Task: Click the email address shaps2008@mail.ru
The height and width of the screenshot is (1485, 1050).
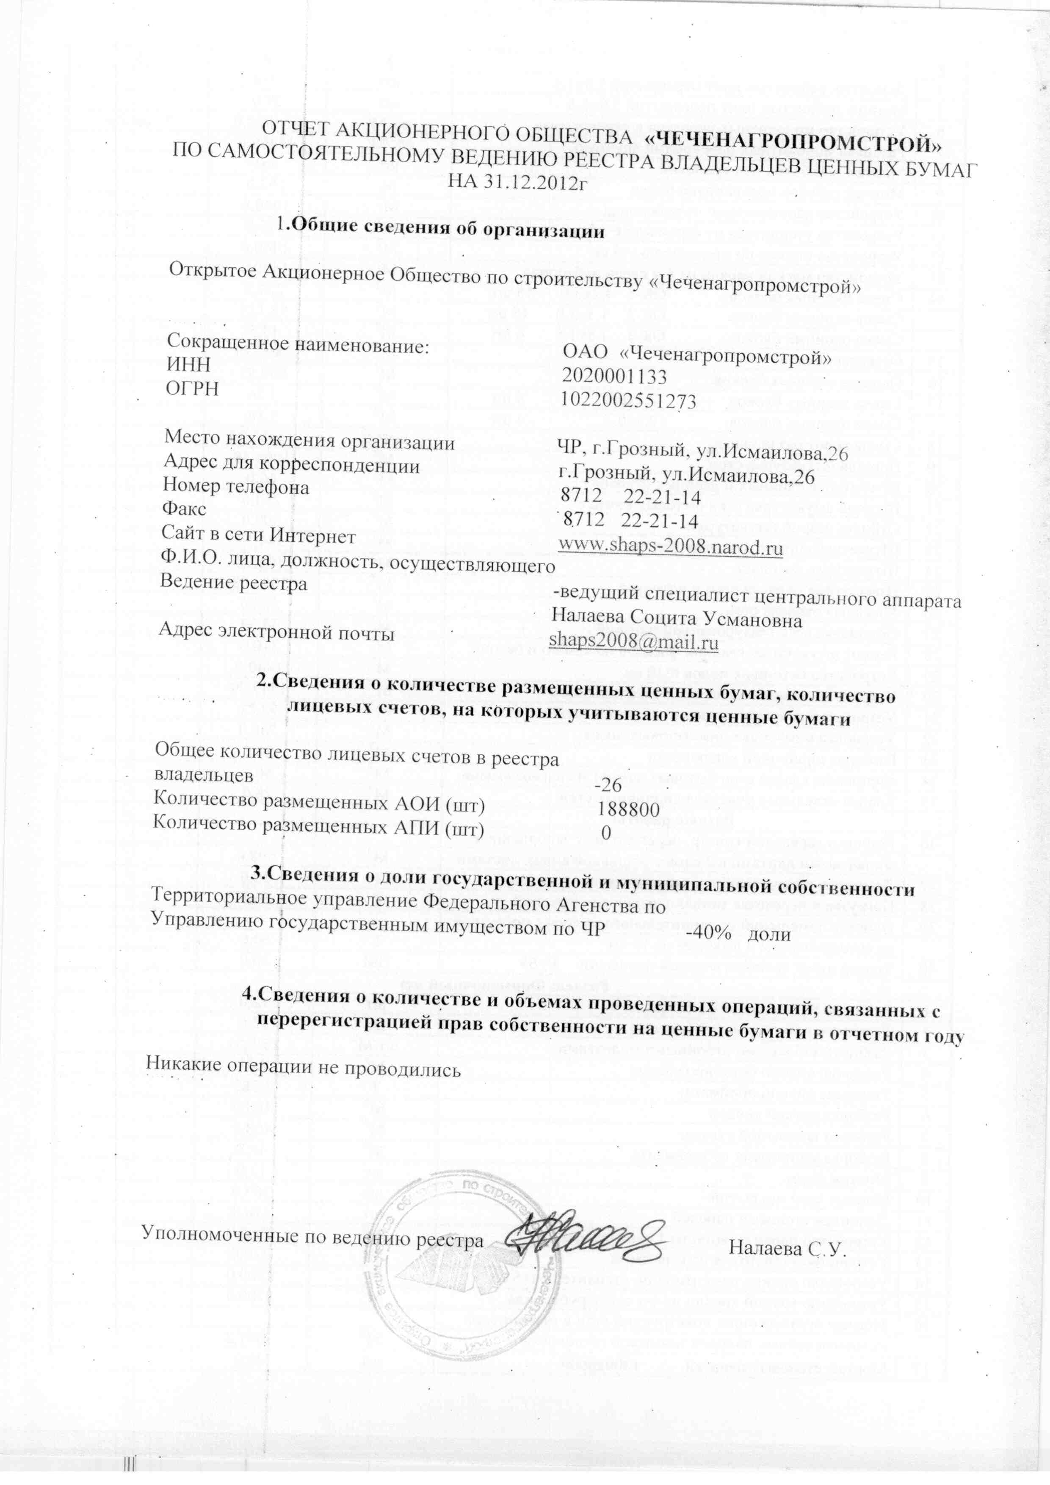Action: point(634,642)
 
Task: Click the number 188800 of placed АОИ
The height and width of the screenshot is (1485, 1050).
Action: point(629,809)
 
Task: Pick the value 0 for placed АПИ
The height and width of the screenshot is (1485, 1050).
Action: point(606,834)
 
